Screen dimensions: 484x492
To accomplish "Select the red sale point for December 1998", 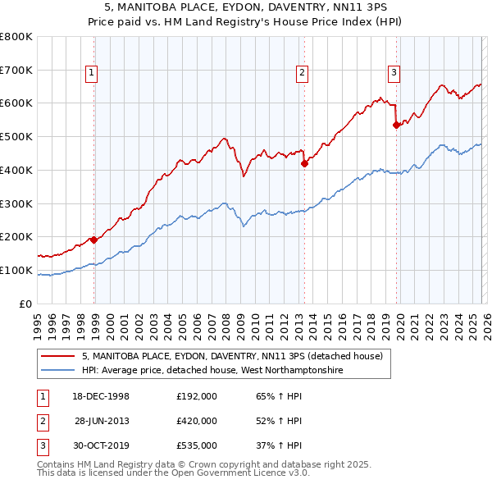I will click(94, 240).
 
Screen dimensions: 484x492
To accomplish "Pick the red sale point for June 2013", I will click(304, 163).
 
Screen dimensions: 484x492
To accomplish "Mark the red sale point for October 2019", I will click(396, 125).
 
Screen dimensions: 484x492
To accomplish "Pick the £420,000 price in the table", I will click(196, 421).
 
